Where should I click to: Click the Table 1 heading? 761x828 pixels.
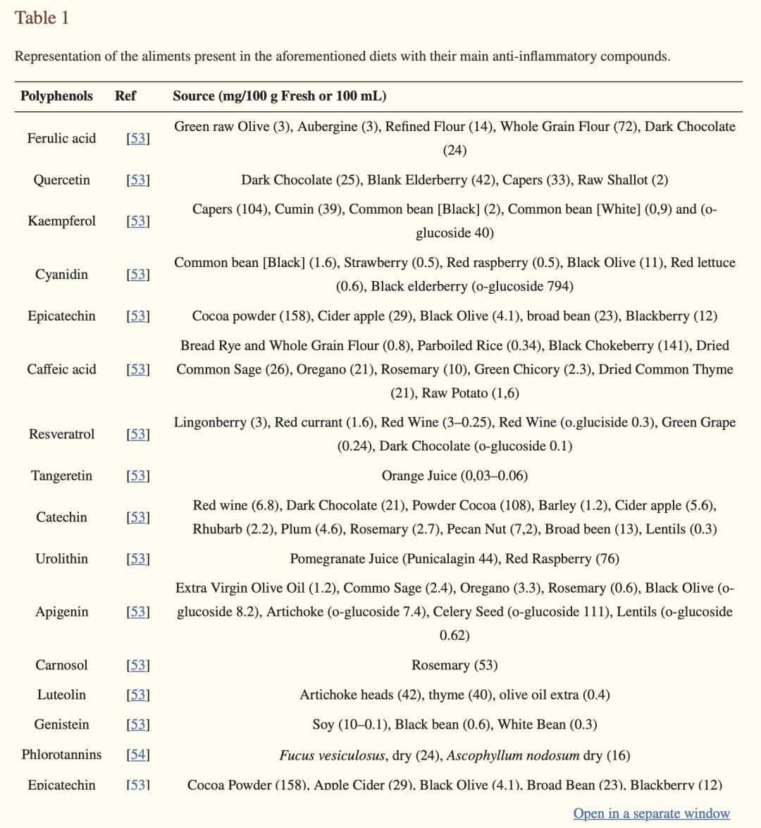coord(42,18)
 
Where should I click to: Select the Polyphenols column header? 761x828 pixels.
coord(56,96)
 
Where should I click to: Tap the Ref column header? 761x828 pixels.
coord(125,96)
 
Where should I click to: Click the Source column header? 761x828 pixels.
coord(279,96)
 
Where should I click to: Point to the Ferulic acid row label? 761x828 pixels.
coord(61,138)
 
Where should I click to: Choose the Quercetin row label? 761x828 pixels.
coord(61,180)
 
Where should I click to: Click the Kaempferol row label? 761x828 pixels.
coord(61,221)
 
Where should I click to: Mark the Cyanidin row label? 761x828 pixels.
coord(61,274)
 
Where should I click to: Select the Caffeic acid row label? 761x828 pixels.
coord(61,369)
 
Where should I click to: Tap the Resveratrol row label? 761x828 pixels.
coord(61,434)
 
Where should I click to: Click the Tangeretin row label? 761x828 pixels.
coord(61,476)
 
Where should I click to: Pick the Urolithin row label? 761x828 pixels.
coord(61,559)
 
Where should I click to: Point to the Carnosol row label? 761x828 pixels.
coord(61,665)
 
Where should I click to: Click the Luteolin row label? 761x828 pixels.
coord(61,695)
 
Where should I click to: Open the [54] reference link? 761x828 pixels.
coord(138,755)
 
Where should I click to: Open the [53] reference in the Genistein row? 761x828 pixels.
coord(138,724)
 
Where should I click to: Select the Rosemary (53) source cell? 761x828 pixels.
coord(454,665)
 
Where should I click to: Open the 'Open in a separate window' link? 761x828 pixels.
coord(651,813)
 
